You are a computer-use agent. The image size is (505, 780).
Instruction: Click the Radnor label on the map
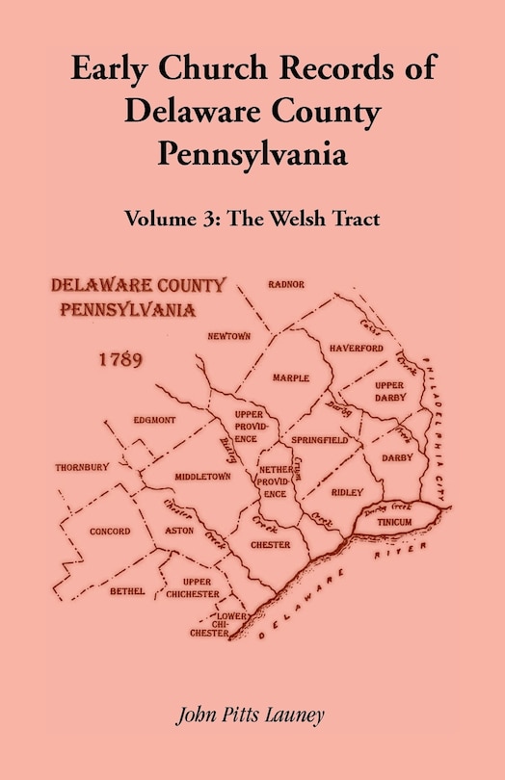tap(287, 284)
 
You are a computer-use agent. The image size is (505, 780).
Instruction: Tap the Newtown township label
tap(229, 336)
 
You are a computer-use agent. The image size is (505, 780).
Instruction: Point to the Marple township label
tap(290, 378)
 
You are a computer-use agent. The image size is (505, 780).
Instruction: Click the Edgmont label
tap(154, 421)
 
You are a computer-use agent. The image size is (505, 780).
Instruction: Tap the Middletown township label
tap(202, 476)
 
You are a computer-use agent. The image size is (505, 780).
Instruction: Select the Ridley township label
tap(347, 491)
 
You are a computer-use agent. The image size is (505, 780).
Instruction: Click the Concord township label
tap(109, 531)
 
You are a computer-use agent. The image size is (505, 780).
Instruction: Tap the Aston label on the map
tap(180, 531)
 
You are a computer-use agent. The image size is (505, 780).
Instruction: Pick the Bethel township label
tap(127, 590)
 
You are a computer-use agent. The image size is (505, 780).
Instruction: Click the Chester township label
tap(271, 545)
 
